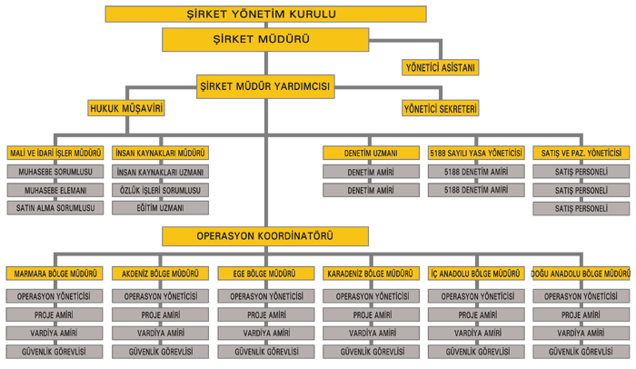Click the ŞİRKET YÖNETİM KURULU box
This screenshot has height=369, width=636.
pos(265,14)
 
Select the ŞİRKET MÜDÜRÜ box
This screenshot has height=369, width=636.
pos(265,39)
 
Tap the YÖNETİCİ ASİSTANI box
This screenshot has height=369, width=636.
pos(440,67)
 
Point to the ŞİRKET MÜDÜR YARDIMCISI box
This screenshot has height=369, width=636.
pos(265,86)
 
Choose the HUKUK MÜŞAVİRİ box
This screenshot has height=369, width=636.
pos(126,108)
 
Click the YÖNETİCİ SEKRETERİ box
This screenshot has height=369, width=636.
pos(440,108)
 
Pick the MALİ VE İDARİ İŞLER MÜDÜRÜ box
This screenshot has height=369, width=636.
pos(55,153)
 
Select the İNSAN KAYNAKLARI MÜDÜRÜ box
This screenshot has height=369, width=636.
pos(160,153)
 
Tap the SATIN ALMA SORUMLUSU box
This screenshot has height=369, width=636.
pos(55,208)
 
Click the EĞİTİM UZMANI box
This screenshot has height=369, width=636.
pos(160,208)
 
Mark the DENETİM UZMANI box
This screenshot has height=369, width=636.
pos(371,153)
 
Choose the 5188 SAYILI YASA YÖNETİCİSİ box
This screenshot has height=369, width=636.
pos(476,153)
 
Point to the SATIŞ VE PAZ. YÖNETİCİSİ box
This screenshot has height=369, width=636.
pos(581,153)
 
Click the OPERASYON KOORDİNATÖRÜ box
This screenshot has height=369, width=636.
pos(265,236)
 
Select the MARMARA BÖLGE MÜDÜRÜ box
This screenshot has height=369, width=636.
pos(55,274)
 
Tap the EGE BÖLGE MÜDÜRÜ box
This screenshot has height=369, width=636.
pos(265,274)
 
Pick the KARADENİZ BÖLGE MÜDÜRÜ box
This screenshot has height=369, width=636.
pos(371,274)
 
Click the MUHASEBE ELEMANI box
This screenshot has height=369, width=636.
pos(55,190)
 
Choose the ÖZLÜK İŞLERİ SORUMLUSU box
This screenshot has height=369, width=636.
pos(160,190)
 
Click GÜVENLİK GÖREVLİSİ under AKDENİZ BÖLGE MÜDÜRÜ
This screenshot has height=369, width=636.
pos(160,352)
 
